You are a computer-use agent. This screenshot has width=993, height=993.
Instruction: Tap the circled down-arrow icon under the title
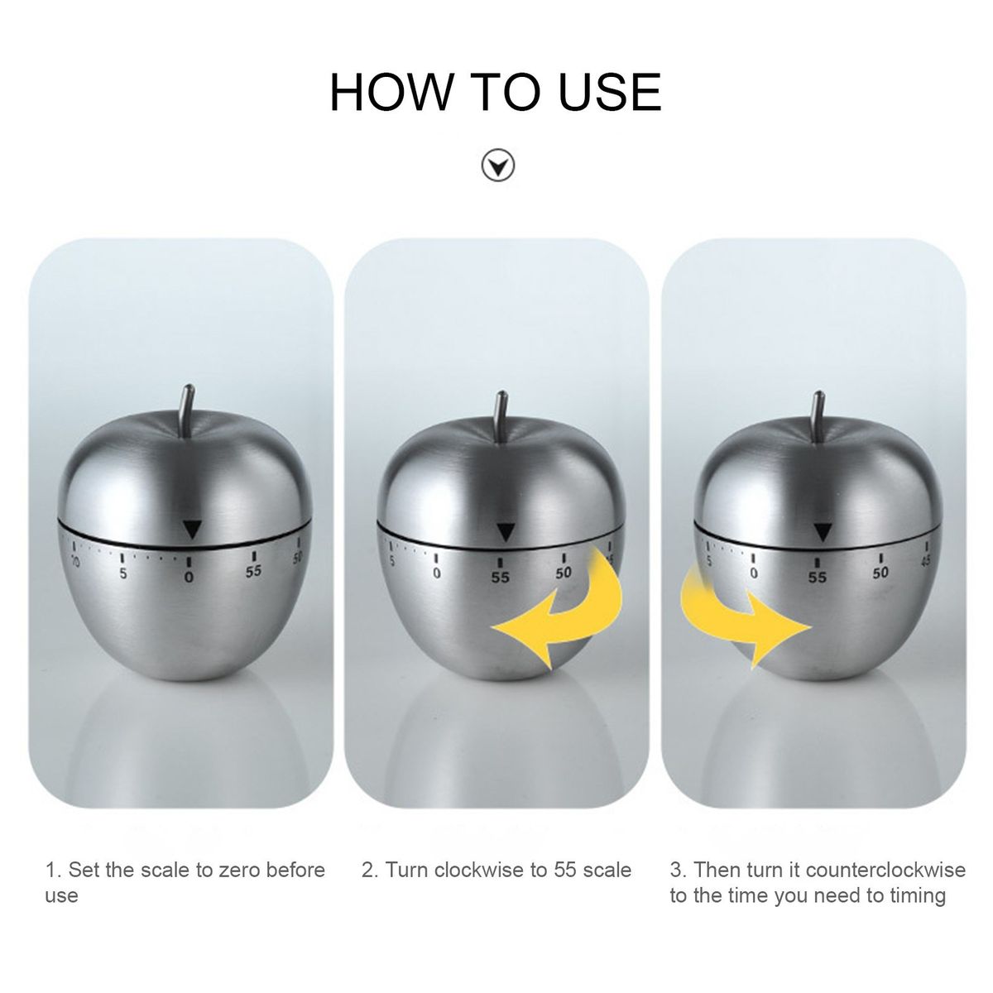(497, 166)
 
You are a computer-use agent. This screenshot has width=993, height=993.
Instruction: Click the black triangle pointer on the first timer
(192, 529)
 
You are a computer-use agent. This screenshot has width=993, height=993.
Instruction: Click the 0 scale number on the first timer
(189, 577)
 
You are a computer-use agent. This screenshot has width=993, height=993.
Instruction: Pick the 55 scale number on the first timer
(253, 571)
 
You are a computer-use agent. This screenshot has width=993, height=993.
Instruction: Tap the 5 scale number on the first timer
(123, 573)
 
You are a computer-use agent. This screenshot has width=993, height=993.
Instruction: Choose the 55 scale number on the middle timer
(500, 577)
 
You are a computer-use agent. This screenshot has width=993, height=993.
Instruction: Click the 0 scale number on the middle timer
(436, 573)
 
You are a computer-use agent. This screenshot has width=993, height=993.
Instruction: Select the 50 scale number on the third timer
(880, 572)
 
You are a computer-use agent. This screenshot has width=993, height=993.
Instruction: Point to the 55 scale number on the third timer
(818, 577)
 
